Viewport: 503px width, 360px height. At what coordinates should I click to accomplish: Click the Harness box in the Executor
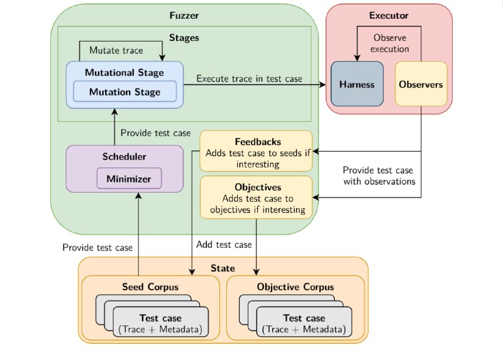[x=357, y=84]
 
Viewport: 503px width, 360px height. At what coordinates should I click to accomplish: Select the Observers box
[x=421, y=84]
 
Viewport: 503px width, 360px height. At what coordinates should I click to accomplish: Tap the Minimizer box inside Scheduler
[x=129, y=179]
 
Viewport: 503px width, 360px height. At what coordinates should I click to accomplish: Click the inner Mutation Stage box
[x=124, y=91]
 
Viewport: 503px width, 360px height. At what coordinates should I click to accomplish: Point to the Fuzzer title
[x=184, y=15]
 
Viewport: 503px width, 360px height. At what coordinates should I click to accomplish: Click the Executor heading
[x=389, y=15]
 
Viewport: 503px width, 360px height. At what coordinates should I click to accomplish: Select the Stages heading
[x=184, y=38]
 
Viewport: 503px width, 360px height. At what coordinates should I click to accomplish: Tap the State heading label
[x=223, y=268]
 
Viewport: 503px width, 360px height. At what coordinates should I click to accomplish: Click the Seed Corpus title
[x=150, y=287]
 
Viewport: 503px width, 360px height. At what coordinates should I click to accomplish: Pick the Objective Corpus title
[x=296, y=287]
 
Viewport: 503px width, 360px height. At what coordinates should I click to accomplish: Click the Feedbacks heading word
[x=258, y=142]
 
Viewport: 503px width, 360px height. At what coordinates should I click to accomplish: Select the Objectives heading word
[x=258, y=187]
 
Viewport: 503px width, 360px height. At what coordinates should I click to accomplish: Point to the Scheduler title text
[x=124, y=156]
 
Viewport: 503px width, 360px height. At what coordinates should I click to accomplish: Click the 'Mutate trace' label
[x=116, y=50]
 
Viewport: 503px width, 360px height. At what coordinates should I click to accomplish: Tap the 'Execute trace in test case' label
[x=249, y=79]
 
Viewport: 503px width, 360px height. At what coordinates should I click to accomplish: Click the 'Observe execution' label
[x=390, y=43]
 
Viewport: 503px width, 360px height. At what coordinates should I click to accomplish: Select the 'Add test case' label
[x=224, y=245]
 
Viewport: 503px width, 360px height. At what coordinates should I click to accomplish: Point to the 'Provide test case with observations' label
[x=379, y=176]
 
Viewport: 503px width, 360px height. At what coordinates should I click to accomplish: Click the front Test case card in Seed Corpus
[x=161, y=322]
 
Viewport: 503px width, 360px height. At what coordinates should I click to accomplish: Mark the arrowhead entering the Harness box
[x=357, y=58]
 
